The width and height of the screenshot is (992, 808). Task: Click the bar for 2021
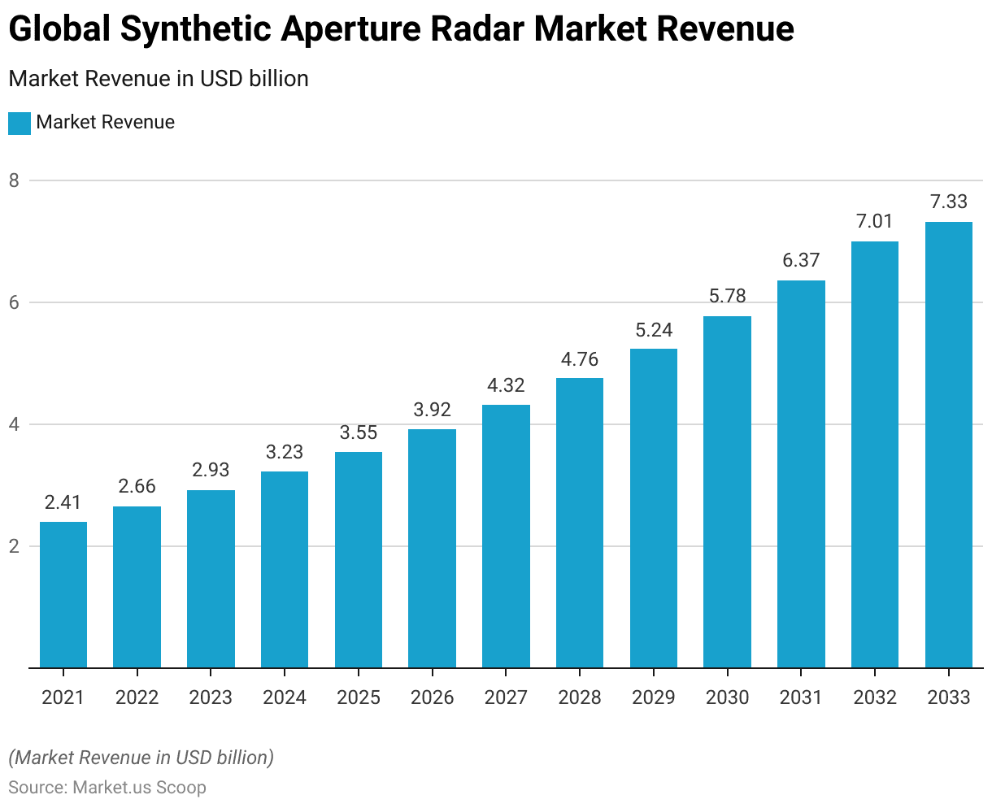[63, 594]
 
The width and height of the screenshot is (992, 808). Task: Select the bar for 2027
[506, 536]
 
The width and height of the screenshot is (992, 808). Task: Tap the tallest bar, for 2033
[949, 445]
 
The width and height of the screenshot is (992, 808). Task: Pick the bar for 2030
[727, 492]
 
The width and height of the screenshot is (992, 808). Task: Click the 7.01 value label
[875, 221]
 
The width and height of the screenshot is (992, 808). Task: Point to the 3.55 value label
[359, 432]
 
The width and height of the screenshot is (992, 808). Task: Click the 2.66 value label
[137, 486]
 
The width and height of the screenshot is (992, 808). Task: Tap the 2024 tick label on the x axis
[285, 697]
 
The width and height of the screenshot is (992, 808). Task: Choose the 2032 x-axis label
[875, 697]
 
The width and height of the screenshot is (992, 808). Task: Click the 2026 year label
[432, 697]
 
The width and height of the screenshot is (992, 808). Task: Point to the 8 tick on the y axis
[14, 180]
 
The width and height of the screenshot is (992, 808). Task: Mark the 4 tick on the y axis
[14, 424]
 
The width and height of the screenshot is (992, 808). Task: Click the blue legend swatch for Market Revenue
[20, 123]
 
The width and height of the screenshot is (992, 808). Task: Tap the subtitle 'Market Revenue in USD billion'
[159, 79]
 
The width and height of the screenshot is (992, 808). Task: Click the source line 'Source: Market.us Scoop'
[107, 788]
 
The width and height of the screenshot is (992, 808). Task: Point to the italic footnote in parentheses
[141, 758]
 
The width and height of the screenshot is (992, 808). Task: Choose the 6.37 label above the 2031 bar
[801, 260]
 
